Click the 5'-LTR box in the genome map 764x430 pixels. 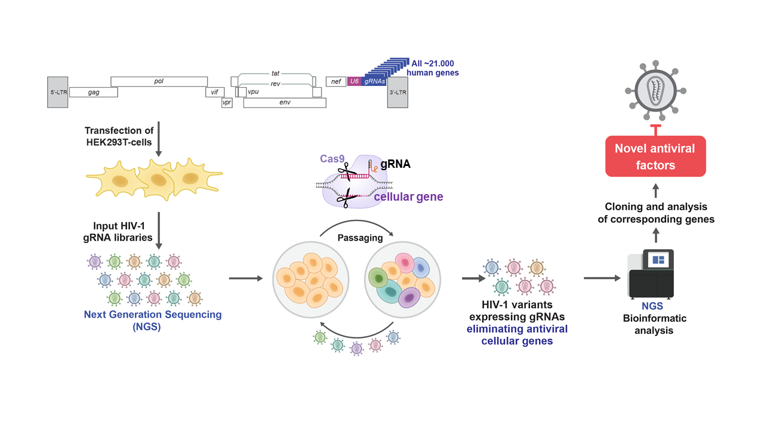[x=58, y=92]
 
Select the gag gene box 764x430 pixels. [x=93, y=92]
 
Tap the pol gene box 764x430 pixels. [x=159, y=81]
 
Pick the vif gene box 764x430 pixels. [x=214, y=92]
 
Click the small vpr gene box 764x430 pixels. [x=227, y=103]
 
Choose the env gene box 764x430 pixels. [x=285, y=103]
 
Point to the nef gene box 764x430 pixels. [x=336, y=81]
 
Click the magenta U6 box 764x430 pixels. [x=354, y=81]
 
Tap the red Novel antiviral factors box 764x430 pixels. [x=655, y=156]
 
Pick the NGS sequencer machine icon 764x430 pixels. [x=651, y=274]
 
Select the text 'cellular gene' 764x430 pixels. [x=408, y=196]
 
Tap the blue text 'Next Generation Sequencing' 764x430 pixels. [x=152, y=314]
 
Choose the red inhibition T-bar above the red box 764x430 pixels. [x=655, y=130]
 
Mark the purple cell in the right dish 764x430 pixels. [x=409, y=296]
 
